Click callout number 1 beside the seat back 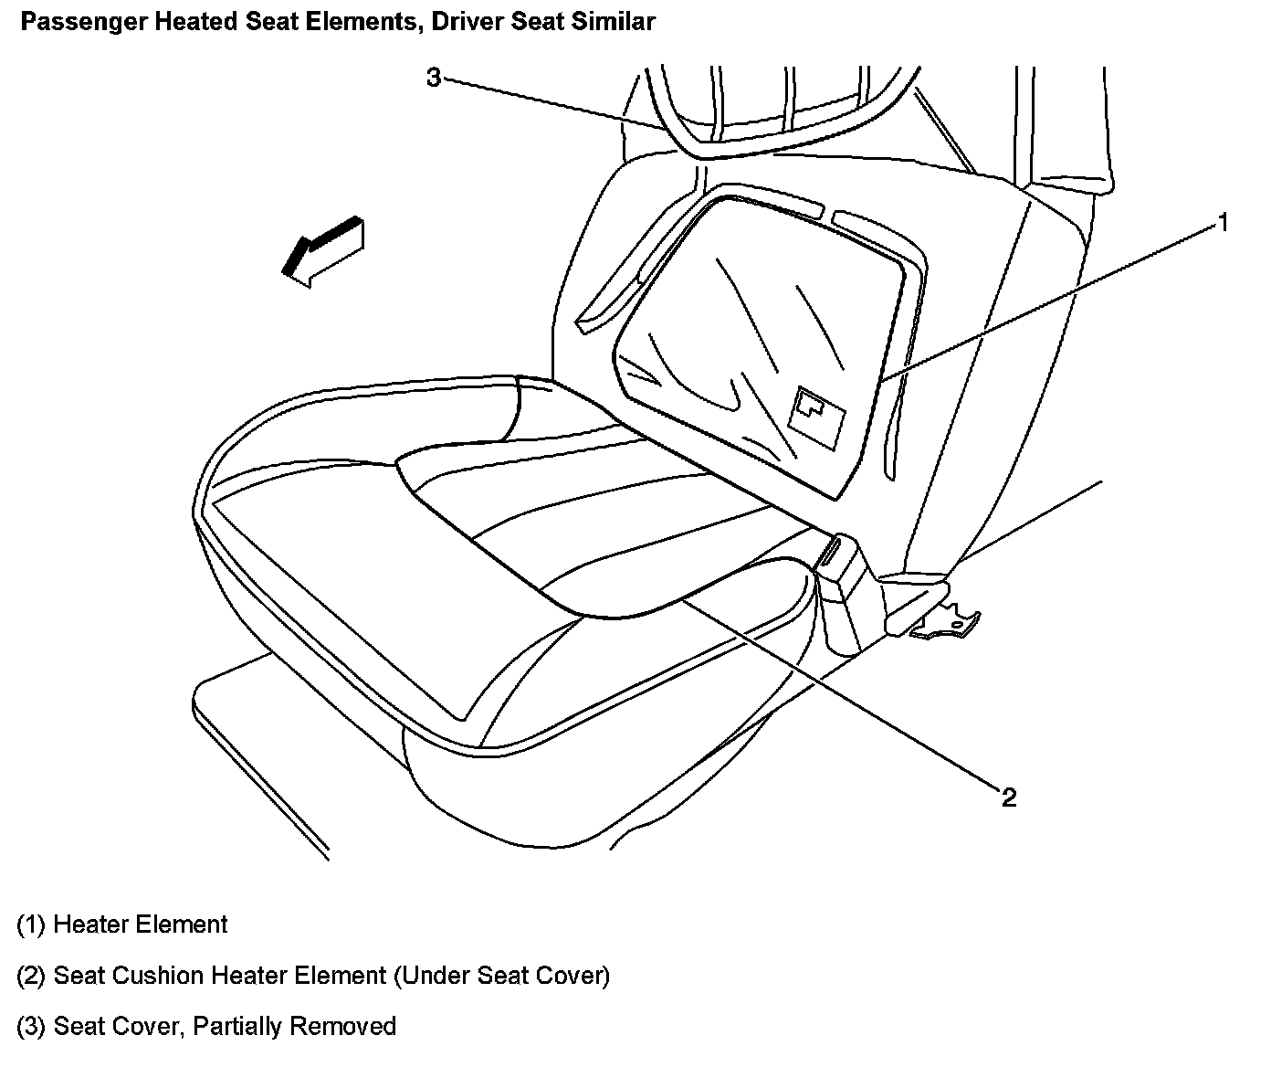tap(1223, 222)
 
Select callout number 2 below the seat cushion tap(1008, 798)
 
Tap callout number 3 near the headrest tap(434, 78)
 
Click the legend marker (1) tap(32, 924)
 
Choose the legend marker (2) tap(32, 976)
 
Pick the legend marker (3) tap(32, 1027)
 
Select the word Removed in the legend tap(342, 1027)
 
